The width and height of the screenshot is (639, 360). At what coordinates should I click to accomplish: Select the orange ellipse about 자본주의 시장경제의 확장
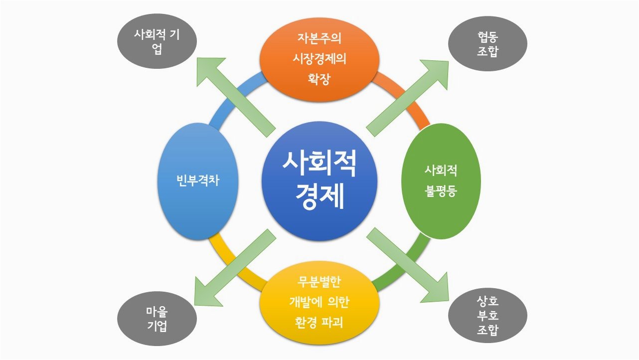coord(319,59)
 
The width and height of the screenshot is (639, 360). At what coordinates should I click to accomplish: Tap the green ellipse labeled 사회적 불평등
coord(441,180)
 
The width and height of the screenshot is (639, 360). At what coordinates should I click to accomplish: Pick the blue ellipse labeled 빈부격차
coord(198,180)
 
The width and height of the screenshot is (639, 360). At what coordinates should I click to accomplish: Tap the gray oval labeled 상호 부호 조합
coord(487,316)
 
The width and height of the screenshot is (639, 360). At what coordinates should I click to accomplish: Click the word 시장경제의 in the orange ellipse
coord(319,59)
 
